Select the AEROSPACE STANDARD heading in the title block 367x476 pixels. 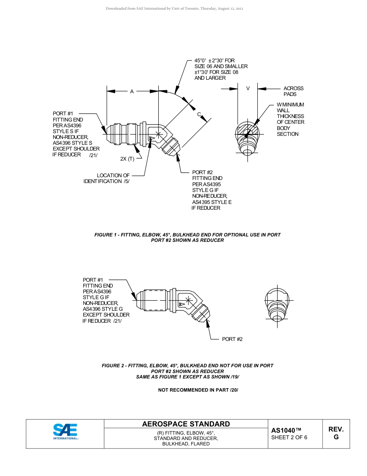pyautogui.click(x=186, y=424)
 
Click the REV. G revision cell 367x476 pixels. pyautogui.click(x=336, y=433)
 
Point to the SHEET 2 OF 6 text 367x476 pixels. pyautogui.click(x=289, y=438)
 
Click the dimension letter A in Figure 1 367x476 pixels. pyautogui.click(x=132, y=92)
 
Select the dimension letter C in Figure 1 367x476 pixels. pyautogui.click(x=199, y=115)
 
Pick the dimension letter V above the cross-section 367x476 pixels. pyautogui.click(x=248, y=89)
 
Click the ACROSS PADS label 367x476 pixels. pyautogui.click(x=293, y=91)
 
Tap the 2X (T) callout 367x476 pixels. pyautogui.click(x=127, y=159)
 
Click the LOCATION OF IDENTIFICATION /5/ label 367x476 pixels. pyautogui.click(x=107, y=178)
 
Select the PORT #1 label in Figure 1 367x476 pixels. pyautogui.click(x=63, y=113)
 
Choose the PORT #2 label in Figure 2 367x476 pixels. pyautogui.click(x=232, y=339)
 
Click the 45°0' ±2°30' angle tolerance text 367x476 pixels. pyautogui.click(x=214, y=61)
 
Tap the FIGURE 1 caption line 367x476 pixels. pyautogui.click(x=187, y=235)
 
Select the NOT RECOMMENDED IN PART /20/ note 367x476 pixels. pyautogui.click(x=198, y=390)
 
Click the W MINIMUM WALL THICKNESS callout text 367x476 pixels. pyautogui.click(x=290, y=119)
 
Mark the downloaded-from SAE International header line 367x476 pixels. pyautogui.click(x=174, y=9)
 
